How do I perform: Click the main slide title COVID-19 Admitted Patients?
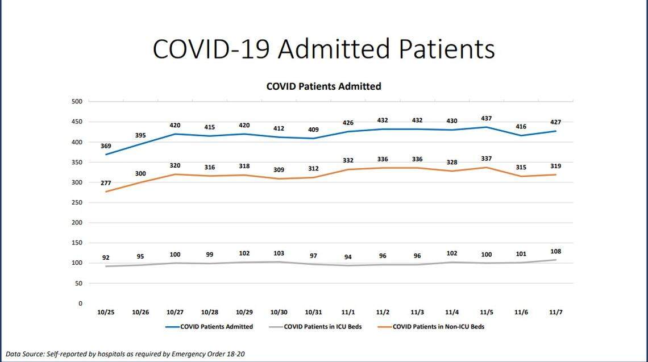[323, 49]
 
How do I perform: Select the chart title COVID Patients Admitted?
[323, 86]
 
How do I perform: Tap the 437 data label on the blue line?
[486, 118]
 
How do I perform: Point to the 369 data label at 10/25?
[106, 146]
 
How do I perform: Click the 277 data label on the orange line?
[106, 183]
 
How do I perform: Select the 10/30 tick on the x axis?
[279, 313]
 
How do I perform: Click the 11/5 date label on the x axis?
[486, 313]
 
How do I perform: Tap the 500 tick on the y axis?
[77, 102]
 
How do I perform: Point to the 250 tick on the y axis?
[77, 203]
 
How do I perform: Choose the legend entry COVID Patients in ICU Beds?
[322, 327]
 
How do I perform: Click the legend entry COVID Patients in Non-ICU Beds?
[438, 327]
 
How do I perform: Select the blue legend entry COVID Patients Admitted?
[216, 327]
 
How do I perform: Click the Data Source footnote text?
[125, 354]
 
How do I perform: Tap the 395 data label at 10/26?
[140, 135]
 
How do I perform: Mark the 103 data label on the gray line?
[279, 253]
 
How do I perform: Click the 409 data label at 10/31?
[313, 130]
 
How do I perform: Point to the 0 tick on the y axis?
[80, 304]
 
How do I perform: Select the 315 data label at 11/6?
[521, 168]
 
